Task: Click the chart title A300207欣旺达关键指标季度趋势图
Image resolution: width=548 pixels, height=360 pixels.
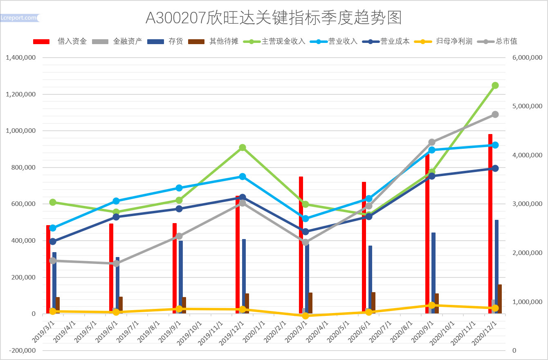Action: click(x=274, y=18)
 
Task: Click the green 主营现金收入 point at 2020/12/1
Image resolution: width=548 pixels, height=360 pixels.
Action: click(x=495, y=85)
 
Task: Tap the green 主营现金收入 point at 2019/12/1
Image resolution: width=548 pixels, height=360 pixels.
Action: click(x=243, y=148)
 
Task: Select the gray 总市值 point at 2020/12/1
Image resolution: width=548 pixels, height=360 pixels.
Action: click(x=495, y=114)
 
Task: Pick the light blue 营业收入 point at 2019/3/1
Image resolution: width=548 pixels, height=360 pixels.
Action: click(x=53, y=228)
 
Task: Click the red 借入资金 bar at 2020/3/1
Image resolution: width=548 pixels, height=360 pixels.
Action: click(x=301, y=241)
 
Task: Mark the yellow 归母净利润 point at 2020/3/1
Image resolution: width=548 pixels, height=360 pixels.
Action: click(x=305, y=316)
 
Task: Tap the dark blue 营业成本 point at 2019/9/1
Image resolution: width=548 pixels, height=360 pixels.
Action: click(x=179, y=209)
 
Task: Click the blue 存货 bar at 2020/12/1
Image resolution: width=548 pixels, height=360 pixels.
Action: click(x=496, y=266)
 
